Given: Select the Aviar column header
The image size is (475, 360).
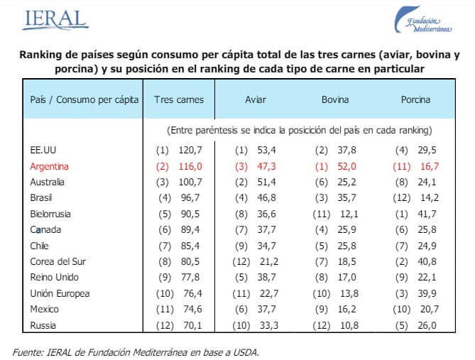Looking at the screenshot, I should coord(256,99).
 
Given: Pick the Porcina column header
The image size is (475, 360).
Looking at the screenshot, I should coord(415,99).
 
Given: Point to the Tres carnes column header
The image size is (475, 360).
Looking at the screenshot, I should coord(178,99).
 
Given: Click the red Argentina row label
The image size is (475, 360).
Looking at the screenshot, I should coord(49,165).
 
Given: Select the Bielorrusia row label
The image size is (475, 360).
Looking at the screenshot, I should coord(50,213).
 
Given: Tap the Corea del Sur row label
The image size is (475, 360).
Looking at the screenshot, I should coord(53,261).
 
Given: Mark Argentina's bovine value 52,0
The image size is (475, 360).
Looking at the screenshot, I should coord(346,165).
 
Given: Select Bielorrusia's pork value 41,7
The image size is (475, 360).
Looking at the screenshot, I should coord(427,213).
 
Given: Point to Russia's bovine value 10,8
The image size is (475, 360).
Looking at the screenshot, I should coord(346,324).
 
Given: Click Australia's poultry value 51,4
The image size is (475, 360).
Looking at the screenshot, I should coord(267,182).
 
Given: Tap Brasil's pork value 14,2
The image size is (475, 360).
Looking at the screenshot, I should coord(427,197).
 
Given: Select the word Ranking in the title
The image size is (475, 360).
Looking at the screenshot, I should coord(40,55).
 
